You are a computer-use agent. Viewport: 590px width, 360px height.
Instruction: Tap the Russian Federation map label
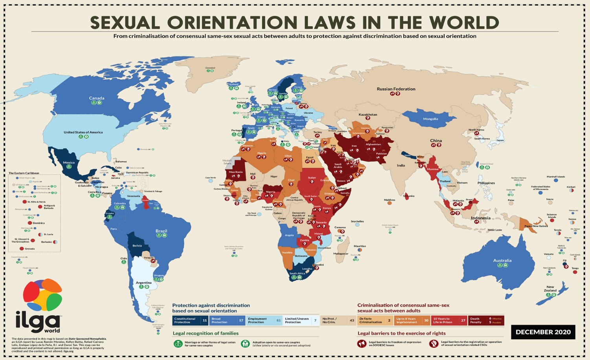click(x=396, y=89)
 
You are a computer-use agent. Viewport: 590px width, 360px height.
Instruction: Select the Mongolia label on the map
click(x=430, y=119)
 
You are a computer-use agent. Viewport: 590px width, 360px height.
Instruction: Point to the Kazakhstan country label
click(x=368, y=115)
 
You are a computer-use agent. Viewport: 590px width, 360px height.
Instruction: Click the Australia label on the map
click(x=502, y=261)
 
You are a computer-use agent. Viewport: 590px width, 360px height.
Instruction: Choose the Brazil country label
click(x=161, y=231)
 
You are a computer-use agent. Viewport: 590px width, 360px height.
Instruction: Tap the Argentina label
click(x=143, y=283)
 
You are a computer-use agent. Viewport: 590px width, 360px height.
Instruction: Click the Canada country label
click(x=97, y=98)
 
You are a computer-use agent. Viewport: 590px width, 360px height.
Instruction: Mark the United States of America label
click(x=83, y=132)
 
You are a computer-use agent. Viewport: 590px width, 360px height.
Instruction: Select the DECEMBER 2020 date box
click(x=543, y=332)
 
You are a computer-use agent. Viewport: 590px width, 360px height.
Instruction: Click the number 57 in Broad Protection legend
click(x=241, y=320)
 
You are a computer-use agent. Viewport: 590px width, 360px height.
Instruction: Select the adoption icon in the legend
click(x=245, y=344)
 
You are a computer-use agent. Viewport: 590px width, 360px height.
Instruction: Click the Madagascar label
click(x=341, y=254)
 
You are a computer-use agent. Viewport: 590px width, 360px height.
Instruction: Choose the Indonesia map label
click(x=480, y=218)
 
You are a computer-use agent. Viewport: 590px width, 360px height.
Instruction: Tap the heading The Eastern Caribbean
click(x=24, y=173)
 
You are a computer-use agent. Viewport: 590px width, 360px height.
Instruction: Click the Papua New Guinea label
click(x=536, y=226)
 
